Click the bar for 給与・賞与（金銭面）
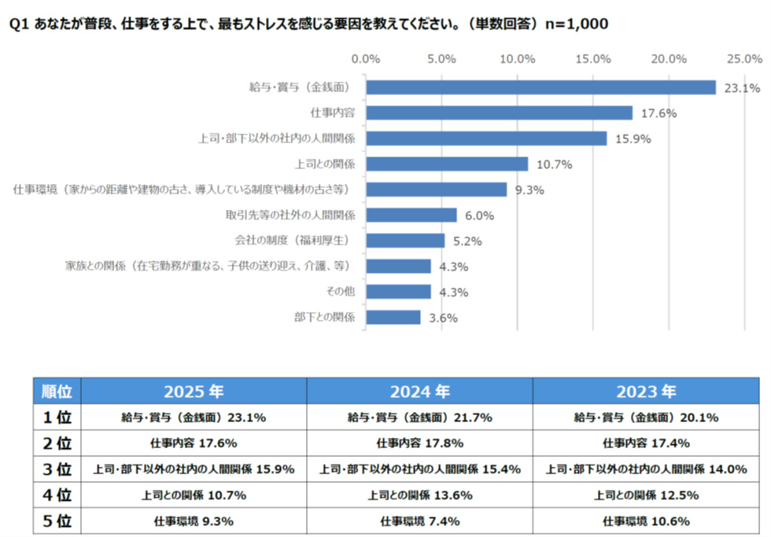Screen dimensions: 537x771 pyautogui.click(x=540, y=87)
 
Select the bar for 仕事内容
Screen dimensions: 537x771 pyautogui.click(x=499, y=113)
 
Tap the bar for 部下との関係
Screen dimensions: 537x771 pyautogui.click(x=393, y=318)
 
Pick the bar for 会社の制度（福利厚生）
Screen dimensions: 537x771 pyautogui.click(x=405, y=241)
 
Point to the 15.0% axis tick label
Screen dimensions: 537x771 pyautogui.click(x=593, y=59)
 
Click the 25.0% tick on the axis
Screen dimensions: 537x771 pyautogui.click(x=743, y=59)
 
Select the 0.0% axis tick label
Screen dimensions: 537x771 pyautogui.click(x=367, y=59)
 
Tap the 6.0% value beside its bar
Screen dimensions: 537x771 pyautogui.click(x=480, y=215)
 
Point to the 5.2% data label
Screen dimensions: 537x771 pyautogui.click(x=467, y=241)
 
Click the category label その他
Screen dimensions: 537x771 pyautogui.click(x=341, y=292)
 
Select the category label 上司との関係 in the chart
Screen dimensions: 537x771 pyautogui.click(x=325, y=164)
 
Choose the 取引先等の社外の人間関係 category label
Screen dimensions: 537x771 pyautogui.click(x=290, y=215)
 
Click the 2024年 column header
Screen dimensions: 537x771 pyautogui.click(x=419, y=391)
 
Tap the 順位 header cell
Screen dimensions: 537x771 pyautogui.click(x=57, y=391)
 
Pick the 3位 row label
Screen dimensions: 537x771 pyautogui.click(x=57, y=469)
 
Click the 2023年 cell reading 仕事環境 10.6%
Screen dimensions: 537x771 pyautogui.click(x=646, y=520)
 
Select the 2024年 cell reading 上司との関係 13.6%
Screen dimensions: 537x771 pyautogui.click(x=419, y=495)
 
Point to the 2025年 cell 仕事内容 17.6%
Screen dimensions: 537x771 pyautogui.click(x=194, y=443)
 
